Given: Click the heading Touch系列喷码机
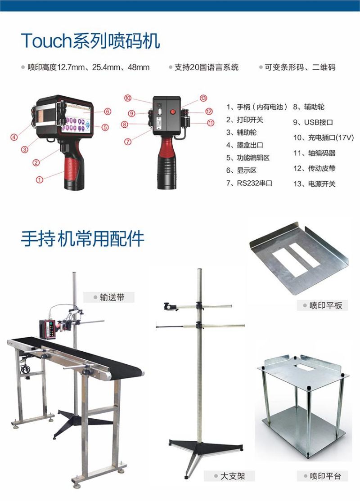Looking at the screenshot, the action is coord(90,40).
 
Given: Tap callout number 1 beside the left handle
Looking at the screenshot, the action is coord(39,179).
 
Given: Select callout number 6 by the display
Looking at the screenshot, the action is coord(108,112).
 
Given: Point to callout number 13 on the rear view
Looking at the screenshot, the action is coord(203,98).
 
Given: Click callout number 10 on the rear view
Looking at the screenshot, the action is coord(128,98).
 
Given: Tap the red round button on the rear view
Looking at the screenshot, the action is coord(173,112).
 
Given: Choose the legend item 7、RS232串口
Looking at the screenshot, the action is coord(249,183).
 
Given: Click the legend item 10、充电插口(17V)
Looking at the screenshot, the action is coord(324,138).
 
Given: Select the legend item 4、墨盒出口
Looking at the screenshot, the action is coord(245,145).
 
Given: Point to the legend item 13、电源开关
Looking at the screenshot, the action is coord(314,184).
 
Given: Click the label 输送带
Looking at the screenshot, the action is coord(112,297).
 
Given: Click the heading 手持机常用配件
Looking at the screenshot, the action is coord(82,238).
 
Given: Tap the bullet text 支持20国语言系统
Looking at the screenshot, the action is coord(207,67).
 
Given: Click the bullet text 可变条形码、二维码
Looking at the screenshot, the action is coord(300,67).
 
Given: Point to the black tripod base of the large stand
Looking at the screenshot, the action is coord(205,447).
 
